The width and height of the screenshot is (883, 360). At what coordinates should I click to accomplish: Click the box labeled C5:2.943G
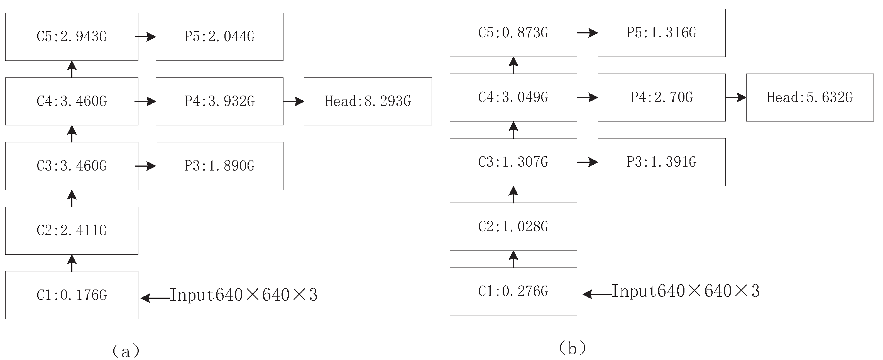[72, 37]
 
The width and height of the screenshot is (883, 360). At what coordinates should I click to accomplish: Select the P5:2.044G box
[219, 37]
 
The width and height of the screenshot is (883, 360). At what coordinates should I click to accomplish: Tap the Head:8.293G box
[368, 101]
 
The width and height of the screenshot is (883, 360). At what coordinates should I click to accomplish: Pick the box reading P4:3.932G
[219, 101]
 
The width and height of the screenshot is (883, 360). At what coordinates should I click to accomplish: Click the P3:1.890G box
[219, 166]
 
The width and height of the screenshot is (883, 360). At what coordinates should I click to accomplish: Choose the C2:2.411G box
[72, 230]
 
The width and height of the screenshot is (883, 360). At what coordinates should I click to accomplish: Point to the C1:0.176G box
[72, 295]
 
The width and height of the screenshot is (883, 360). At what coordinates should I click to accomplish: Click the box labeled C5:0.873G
[513, 33]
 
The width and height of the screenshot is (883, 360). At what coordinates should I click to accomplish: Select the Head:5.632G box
[810, 97]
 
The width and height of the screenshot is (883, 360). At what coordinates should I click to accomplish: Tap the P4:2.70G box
[662, 97]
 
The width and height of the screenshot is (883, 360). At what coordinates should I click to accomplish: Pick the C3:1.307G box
[513, 162]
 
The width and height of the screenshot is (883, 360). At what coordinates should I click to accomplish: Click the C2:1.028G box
[513, 227]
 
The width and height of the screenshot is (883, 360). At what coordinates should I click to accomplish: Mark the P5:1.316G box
[662, 33]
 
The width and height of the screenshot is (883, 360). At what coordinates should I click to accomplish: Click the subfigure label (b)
[572, 348]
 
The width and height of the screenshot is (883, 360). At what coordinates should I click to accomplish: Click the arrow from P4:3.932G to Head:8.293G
[294, 101]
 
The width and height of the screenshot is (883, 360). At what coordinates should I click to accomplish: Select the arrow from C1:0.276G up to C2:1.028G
[513, 259]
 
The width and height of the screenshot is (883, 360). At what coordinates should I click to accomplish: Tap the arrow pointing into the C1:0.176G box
[155, 298]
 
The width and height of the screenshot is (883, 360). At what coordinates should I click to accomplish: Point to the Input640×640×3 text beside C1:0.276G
[686, 291]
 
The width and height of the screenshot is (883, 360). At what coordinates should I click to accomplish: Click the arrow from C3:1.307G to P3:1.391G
[588, 162]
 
